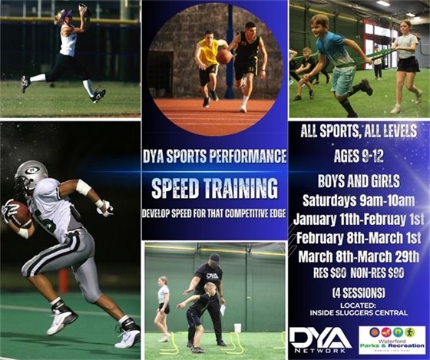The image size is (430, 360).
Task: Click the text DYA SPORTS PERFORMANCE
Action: coord(214,157)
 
